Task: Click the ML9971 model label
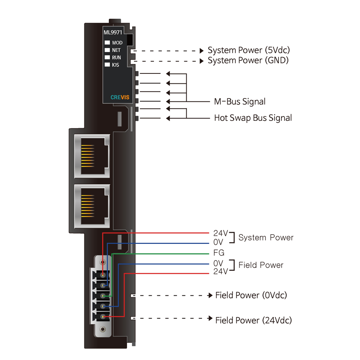click(x=113, y=32)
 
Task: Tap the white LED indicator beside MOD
click(x=107, y=43)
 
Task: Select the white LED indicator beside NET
click(x=107, y=50)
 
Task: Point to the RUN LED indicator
click(x=107, y=57)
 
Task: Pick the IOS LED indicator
click(x=107, y=65)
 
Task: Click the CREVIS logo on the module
click(x=120, y=97)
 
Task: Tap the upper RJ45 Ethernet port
click(x=92, y=156)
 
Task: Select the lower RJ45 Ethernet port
click(x=92, y=206)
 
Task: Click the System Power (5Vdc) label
click(x=249, y=50)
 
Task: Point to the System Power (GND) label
click(x=248, y=60)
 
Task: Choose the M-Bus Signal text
click(x=240, y=101)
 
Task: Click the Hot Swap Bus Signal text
click(x=253, y=118)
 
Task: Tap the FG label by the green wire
click(x=219, y=253)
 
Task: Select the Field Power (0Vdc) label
click(x=251, y=295)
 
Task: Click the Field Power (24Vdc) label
click(x=253, y=320)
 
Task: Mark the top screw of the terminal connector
click(x=102, y=262)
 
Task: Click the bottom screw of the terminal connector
click(x=102, y=329)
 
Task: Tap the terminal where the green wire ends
click(x=103, y=296)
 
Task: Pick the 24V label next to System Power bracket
click(x=220, y=233)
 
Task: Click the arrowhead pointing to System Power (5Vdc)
click(x=202, y=51)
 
